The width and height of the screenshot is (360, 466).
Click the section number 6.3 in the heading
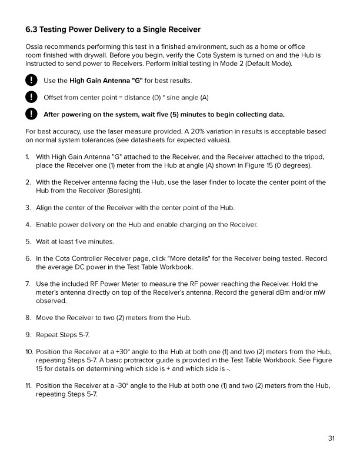click(x=33, y=29)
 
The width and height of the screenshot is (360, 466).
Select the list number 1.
click(x=28, y=157)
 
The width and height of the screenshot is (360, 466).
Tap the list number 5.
click(x=28, y=241)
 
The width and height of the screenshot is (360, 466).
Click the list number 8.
click(x=28, y=318)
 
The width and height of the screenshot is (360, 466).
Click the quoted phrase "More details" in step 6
click(x=191, y=258)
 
